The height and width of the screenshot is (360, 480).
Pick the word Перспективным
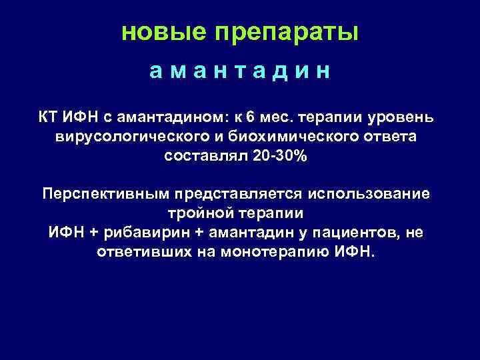click(106, 194)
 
